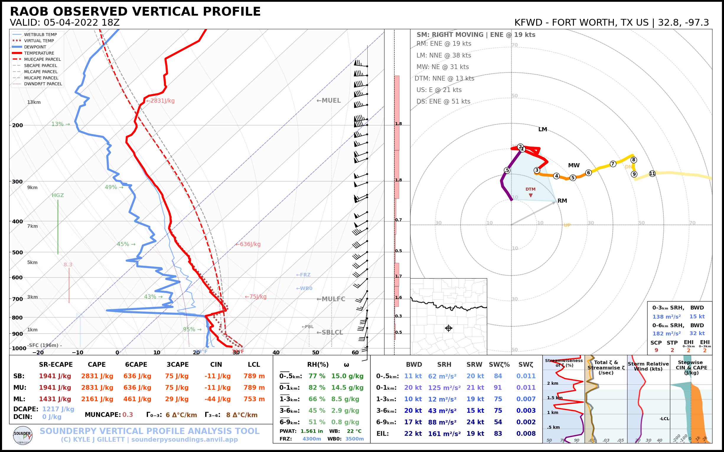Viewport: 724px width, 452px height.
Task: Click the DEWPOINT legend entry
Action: (x=35, y=47)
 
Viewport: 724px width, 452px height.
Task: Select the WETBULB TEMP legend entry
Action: (x=40, y=35)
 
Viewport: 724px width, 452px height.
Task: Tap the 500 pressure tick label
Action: (x=17, y=252)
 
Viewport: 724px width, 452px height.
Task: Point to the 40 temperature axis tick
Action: (x=276, y=353)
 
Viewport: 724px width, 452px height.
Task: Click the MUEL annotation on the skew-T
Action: (x=329, y=100)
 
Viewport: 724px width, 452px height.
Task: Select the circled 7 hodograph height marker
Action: (x=613, y=164)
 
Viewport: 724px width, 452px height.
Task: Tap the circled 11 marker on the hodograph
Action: (x=652, y=173)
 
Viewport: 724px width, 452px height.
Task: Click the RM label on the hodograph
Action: (x=562, y=201)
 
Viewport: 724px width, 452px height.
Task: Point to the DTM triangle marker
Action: (x=530, y=195)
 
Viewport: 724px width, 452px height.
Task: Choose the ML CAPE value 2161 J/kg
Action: (x=97, y=399)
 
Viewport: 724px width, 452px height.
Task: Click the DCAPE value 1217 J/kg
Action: (x=58, y=409)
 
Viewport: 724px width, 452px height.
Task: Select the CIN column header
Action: (x=216, y=364)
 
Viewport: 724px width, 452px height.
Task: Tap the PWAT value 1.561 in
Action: (x=312, y=431)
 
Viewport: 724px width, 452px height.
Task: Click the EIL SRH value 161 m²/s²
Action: (x=444, y=433)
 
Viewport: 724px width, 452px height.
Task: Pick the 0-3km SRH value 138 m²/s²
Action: (x=666, y=317)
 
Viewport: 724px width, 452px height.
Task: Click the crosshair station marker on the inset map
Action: (x=449, y=328)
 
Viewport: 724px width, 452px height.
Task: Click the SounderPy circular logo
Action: (x=23, y=435)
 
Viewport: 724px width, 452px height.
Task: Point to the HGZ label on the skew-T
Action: (x=58, y=195)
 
